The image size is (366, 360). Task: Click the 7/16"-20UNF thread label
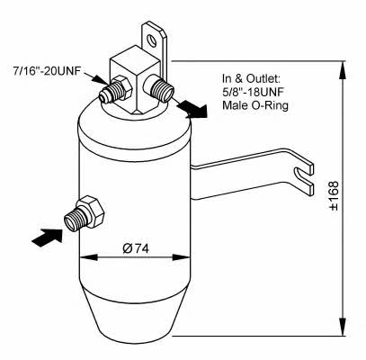click(47, 71)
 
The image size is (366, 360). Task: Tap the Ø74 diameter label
click(136, 248)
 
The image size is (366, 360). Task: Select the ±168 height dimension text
click(334, 195)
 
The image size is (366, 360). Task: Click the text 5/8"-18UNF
click(253, 92)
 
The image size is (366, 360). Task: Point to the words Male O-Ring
click(255, 105)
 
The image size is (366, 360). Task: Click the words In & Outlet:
click(251, 78)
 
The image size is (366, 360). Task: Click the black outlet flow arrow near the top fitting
click(192, 110)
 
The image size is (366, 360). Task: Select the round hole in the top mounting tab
click(151, 41)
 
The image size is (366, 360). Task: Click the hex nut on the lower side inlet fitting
click(91, 211)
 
